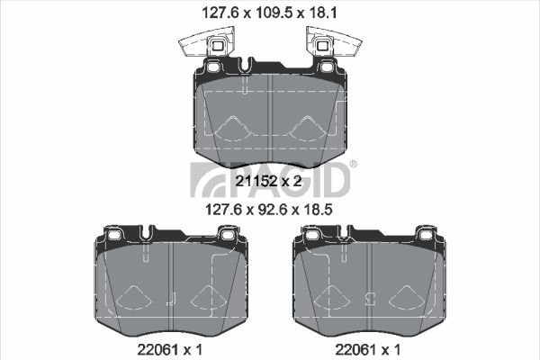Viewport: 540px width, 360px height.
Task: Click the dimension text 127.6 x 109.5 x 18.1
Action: tap(269, 13)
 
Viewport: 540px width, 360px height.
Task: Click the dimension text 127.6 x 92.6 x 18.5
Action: tap(268, 209)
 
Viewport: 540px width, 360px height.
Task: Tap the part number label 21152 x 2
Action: tap(268, 181)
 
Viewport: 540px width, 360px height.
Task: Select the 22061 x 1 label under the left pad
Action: tap(170, 350)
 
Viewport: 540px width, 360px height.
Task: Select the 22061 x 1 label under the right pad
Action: tap(368, 350)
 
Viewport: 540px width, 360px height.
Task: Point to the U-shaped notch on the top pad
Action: tap(244, 66)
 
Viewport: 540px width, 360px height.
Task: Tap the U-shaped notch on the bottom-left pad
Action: tap(147, 232)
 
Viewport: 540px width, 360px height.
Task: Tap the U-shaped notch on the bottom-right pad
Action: tap(345, 232)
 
